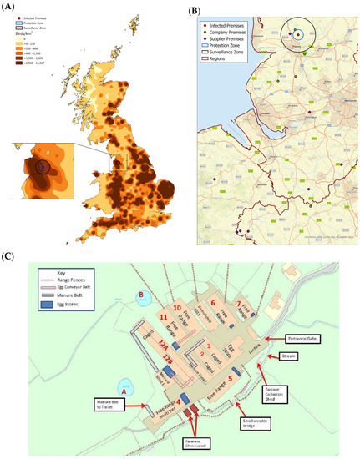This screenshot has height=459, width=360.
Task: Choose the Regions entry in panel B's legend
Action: (221, 60)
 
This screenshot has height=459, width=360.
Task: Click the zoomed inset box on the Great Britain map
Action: (48, 171)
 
